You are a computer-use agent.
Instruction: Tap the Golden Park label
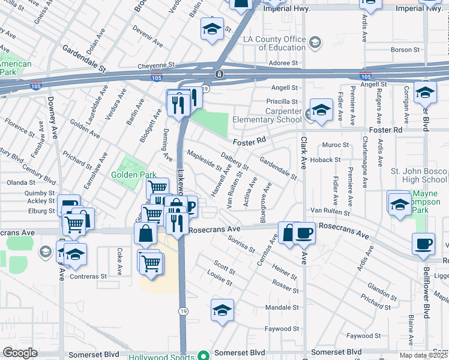(133, 175)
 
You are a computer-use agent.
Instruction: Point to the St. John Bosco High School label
(418, 175)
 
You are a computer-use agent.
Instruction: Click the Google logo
(20, 353)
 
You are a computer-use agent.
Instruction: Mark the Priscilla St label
(282, 102)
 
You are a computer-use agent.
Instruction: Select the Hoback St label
(329, 160)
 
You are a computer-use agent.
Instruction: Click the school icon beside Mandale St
(222, 311)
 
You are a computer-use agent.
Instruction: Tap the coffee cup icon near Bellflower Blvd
(423, 244)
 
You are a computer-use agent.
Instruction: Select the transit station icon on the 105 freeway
(220, 74)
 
